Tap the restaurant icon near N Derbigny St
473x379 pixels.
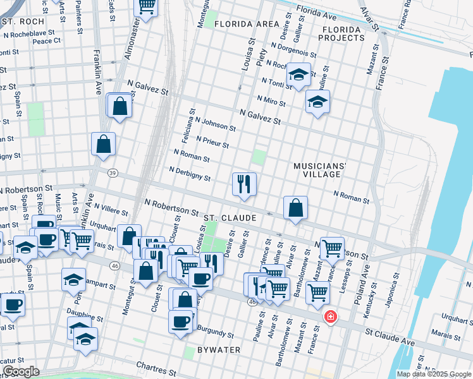[x=244, y=184]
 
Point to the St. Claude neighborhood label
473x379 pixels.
[x=230, y=218]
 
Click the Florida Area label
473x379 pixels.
[x=247, y=24]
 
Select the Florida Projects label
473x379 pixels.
[x=343, y=33]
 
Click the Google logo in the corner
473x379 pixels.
[x=20, y=371]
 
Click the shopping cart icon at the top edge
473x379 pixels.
[x=147, y=7]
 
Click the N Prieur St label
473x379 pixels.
[x=212, y=142]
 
